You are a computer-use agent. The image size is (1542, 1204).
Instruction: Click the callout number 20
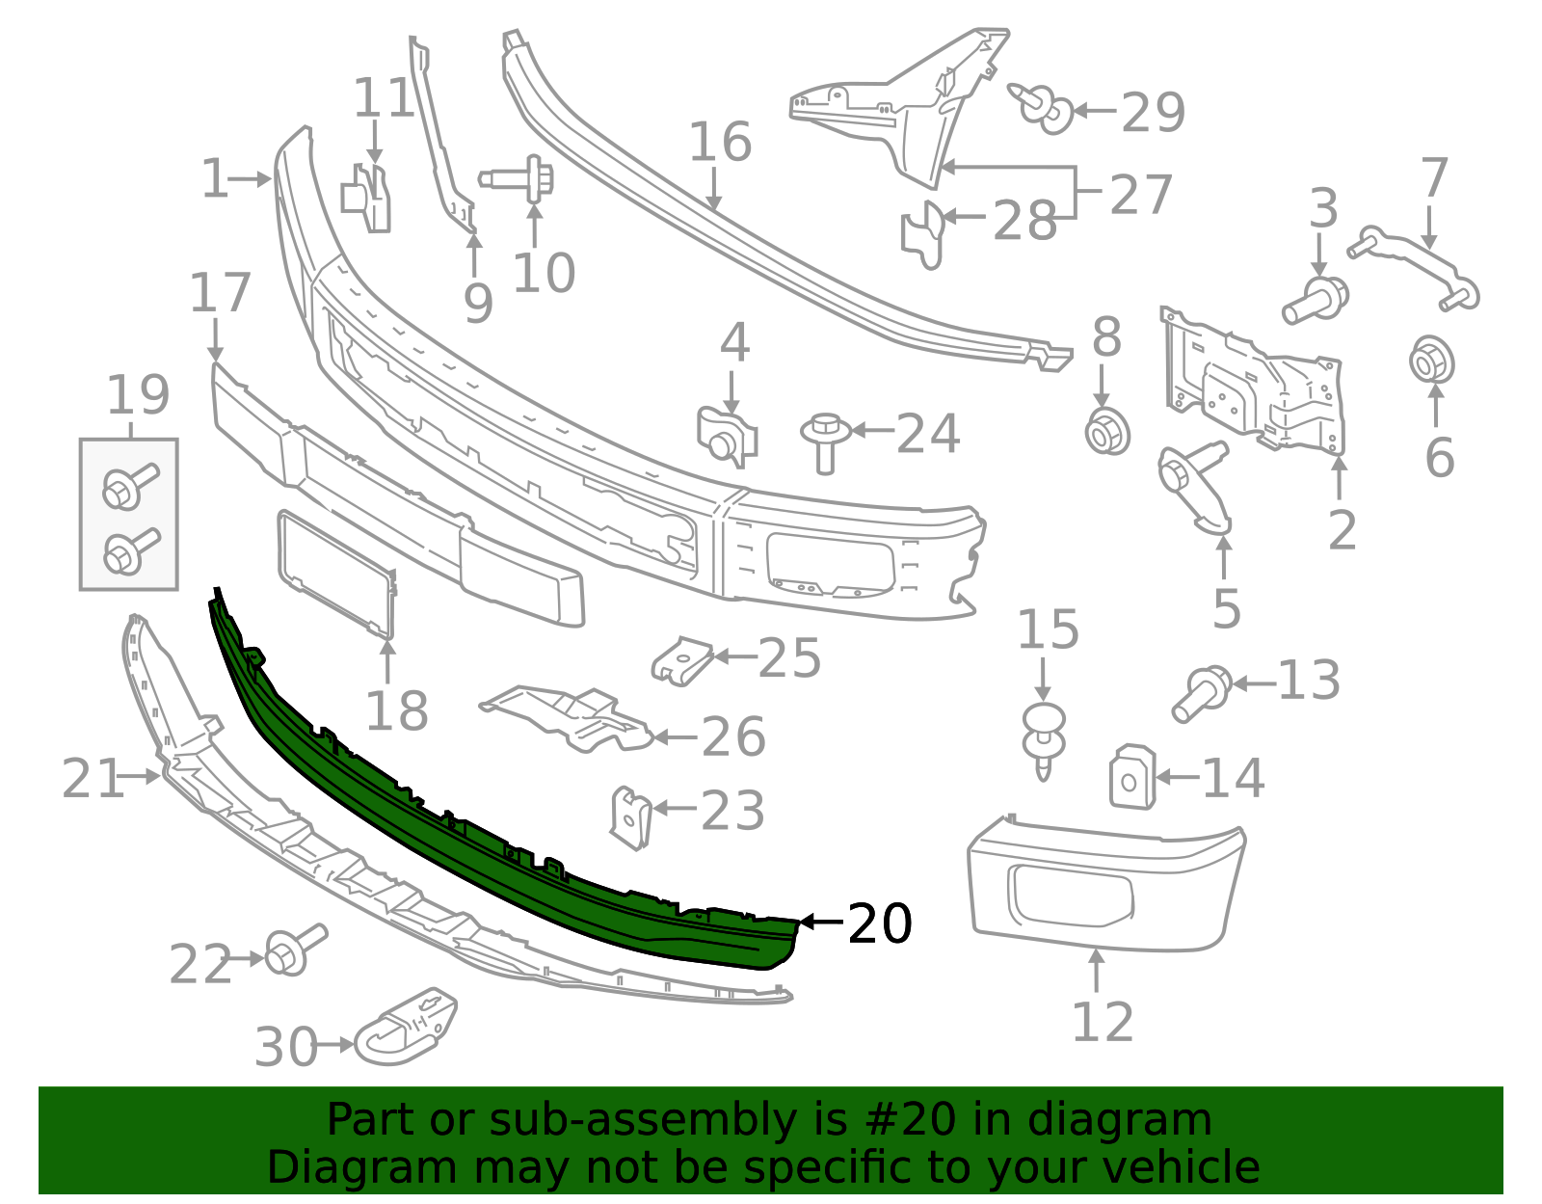coord(879,923)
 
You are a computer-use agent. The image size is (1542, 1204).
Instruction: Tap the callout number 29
coord(1154,113)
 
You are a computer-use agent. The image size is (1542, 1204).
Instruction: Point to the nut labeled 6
coord(1431,362)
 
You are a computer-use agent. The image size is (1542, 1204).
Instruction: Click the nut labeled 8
coord(1107,431)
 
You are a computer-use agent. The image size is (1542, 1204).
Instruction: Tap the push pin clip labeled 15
coord(1043,741)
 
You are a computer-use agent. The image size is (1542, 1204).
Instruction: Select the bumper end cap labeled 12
coord(1105,885)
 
